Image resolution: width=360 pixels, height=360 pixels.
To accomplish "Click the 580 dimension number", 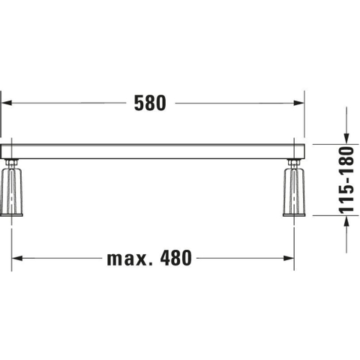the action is tap(150, 103).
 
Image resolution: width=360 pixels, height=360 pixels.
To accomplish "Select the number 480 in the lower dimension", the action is tap(176, 258).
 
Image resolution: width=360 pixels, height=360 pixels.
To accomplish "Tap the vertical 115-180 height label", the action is tap(346, 180).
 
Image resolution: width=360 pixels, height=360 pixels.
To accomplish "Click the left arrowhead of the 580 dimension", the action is tap(7, 103).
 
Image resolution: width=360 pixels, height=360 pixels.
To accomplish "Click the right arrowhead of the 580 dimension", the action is tap(299, 103).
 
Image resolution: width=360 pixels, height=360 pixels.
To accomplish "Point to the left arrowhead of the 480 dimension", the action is tap(17, 258).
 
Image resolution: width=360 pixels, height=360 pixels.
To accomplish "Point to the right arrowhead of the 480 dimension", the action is tap(289, 258).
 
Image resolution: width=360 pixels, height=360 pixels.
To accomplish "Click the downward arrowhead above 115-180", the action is tap(346, 139).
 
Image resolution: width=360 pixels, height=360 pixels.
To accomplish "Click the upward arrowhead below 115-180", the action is tap(346, 220).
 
